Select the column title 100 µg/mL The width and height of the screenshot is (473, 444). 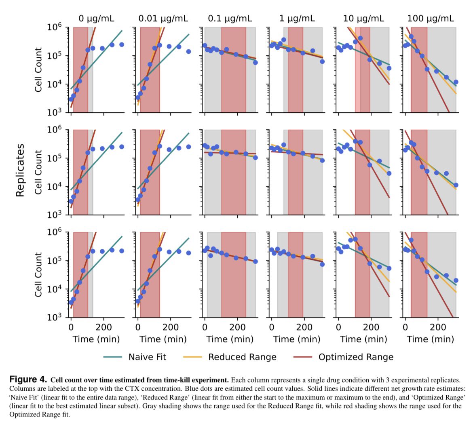[430, 18]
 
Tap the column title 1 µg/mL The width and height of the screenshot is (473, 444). [296, 18]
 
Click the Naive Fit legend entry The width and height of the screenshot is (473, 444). [147, 357]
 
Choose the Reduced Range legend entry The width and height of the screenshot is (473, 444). [242, 357]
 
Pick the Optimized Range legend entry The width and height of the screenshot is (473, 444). [355, 357]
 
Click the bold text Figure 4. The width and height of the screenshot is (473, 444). [28, 380]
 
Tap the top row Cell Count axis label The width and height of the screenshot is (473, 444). [39, 69]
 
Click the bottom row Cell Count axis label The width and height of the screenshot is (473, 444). [39, 275]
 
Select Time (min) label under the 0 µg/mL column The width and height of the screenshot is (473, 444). [96, 339]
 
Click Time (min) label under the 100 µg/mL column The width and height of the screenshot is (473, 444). [430, 339]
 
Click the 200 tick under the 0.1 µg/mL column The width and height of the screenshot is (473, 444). [237, 327]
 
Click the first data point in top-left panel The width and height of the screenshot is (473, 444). [71, 99]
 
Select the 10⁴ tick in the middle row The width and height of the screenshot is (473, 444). [54, 187]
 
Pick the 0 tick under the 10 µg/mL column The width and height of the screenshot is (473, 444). [338, 327]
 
